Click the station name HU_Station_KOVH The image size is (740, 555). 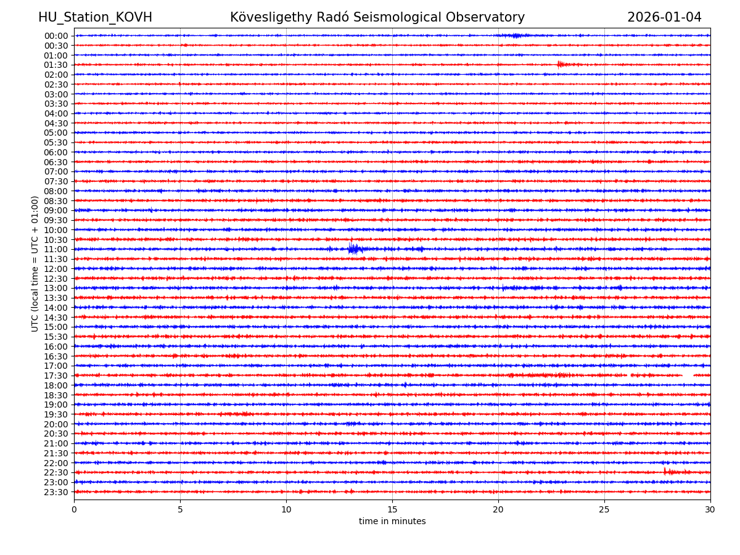pyautogui.click(x=95, y=18)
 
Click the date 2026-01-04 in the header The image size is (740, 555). pyautogui.click(x=664, y=18)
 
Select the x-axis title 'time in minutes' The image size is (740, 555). pyautogui.click(x=392, y=522)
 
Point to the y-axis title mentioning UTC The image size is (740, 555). pyautogui.click(x=36, y=263)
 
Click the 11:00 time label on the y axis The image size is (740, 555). pyautogui.click(x=56, y=250)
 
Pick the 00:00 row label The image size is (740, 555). pyautogui.click(x=56, y=36)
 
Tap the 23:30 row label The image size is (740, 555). pyautogui.click(x=56, y=492)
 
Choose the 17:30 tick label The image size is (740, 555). pyautogui.click(x=56, y=376)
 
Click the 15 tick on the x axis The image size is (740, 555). pyautogui.click(x=392, y=510)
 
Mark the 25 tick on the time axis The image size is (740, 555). pyautogui.click(x=604, y=510)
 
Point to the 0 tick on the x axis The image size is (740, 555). pyautogui.click(x=74, y=510)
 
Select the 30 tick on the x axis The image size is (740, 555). pyautogui.click(x=710, y=510)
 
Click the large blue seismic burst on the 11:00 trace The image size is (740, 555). pyautogui.click(x=354, y=249)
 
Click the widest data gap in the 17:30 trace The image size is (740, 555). pyautogui.click(x=688, y=375)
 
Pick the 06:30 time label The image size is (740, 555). pyautogui.click(x=56, y=162)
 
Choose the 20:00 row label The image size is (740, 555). pyautogui.click(x=56, y=424)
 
